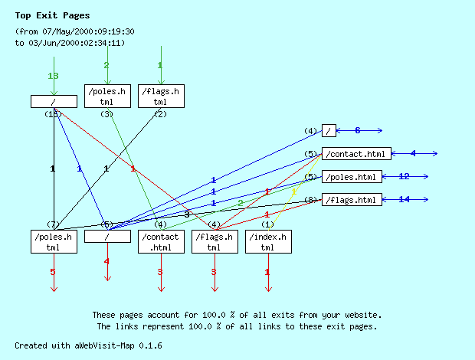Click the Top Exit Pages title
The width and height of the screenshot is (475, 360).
52,15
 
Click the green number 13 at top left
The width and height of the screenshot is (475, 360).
53,76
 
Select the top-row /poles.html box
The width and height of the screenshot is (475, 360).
106,97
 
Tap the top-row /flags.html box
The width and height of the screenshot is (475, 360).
160,97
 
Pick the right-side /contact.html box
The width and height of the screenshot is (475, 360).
356,154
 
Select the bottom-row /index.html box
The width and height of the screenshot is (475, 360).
267,242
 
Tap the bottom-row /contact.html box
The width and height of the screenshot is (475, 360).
160,242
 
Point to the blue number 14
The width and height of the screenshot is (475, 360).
405,199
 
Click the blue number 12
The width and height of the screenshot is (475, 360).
405,176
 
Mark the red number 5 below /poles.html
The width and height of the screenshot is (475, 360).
53,272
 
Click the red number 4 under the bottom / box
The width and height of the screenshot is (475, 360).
106,262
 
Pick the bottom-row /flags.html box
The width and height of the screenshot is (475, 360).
214,242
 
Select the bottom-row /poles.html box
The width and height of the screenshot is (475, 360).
53,242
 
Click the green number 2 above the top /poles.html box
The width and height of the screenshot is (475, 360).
106,65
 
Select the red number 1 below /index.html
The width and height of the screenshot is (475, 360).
267,272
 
